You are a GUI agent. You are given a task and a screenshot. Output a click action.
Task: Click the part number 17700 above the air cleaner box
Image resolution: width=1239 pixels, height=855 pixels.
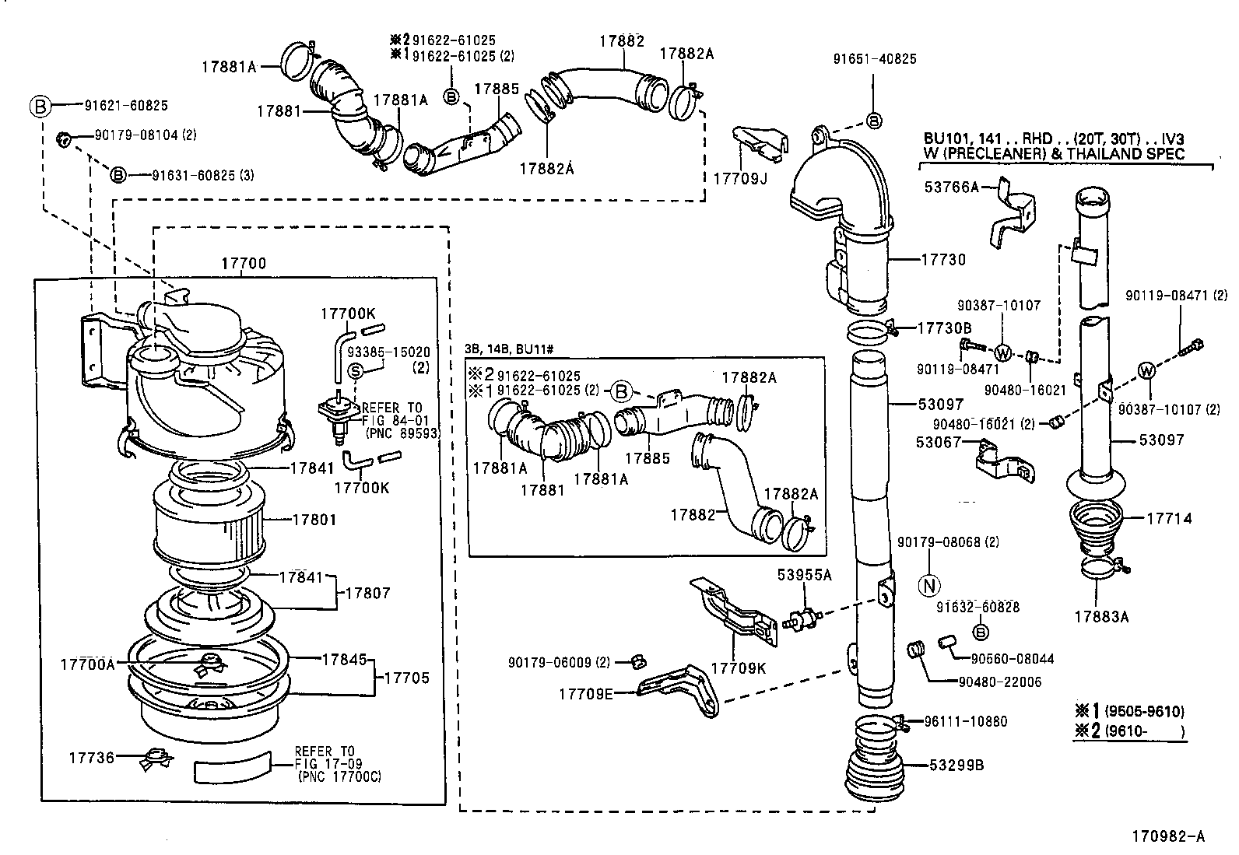point(244,264)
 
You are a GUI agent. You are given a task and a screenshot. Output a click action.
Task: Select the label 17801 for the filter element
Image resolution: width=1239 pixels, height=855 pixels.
point(313,519)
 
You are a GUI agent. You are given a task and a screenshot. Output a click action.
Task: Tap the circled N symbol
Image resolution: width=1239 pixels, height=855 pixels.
point(930,584)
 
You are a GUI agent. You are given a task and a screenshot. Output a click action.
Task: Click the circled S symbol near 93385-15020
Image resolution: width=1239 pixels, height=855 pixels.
point(355,371)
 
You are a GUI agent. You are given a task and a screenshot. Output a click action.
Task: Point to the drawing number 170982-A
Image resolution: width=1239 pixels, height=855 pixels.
point(1167,837)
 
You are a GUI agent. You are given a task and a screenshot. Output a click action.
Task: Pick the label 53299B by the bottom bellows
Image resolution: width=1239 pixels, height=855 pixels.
point(956,766)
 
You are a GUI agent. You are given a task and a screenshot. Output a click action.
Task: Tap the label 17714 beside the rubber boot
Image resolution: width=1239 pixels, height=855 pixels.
point(1168,518)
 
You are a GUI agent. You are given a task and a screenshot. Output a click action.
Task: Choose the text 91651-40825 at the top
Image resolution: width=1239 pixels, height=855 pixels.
point(874,58)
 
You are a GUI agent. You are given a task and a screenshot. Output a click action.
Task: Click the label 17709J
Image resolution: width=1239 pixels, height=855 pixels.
point(739,179)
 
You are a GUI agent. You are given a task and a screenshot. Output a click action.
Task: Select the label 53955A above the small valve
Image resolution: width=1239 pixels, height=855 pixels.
point(804,575)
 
